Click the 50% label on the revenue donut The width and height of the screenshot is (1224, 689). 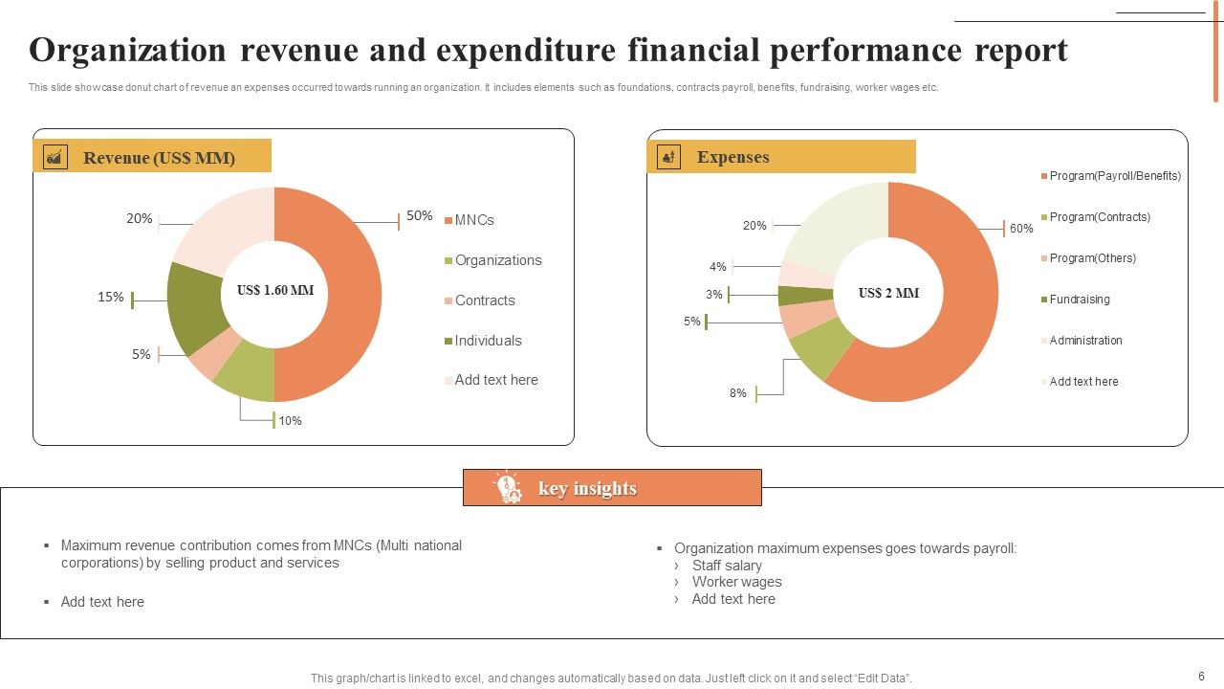pos(419,216)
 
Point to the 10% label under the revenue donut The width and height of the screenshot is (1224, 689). pos(290,420)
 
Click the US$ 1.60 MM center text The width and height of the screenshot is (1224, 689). pos(275,290)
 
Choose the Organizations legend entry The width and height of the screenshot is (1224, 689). pos(497,260)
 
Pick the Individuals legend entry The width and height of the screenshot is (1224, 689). pos(488,341)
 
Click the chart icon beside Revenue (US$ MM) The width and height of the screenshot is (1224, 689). pos(56,157)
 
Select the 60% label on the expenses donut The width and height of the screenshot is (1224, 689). pos(1021,229)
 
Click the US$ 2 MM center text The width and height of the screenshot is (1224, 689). pos(888,293)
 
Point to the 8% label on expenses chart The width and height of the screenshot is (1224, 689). pos(737,393)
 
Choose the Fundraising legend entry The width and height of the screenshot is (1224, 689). pos(1079,300)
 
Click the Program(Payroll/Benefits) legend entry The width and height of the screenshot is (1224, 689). pos(1114,176)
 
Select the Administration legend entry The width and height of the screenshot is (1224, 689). pos(1085,341)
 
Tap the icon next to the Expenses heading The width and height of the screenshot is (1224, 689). pos(669,157)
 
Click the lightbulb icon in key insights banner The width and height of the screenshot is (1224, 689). pos(508,488)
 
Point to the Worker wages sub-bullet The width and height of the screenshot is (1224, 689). pos(736,582)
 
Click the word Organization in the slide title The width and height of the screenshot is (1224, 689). pos(126,50)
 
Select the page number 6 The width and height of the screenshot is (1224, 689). pos(1201,676)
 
